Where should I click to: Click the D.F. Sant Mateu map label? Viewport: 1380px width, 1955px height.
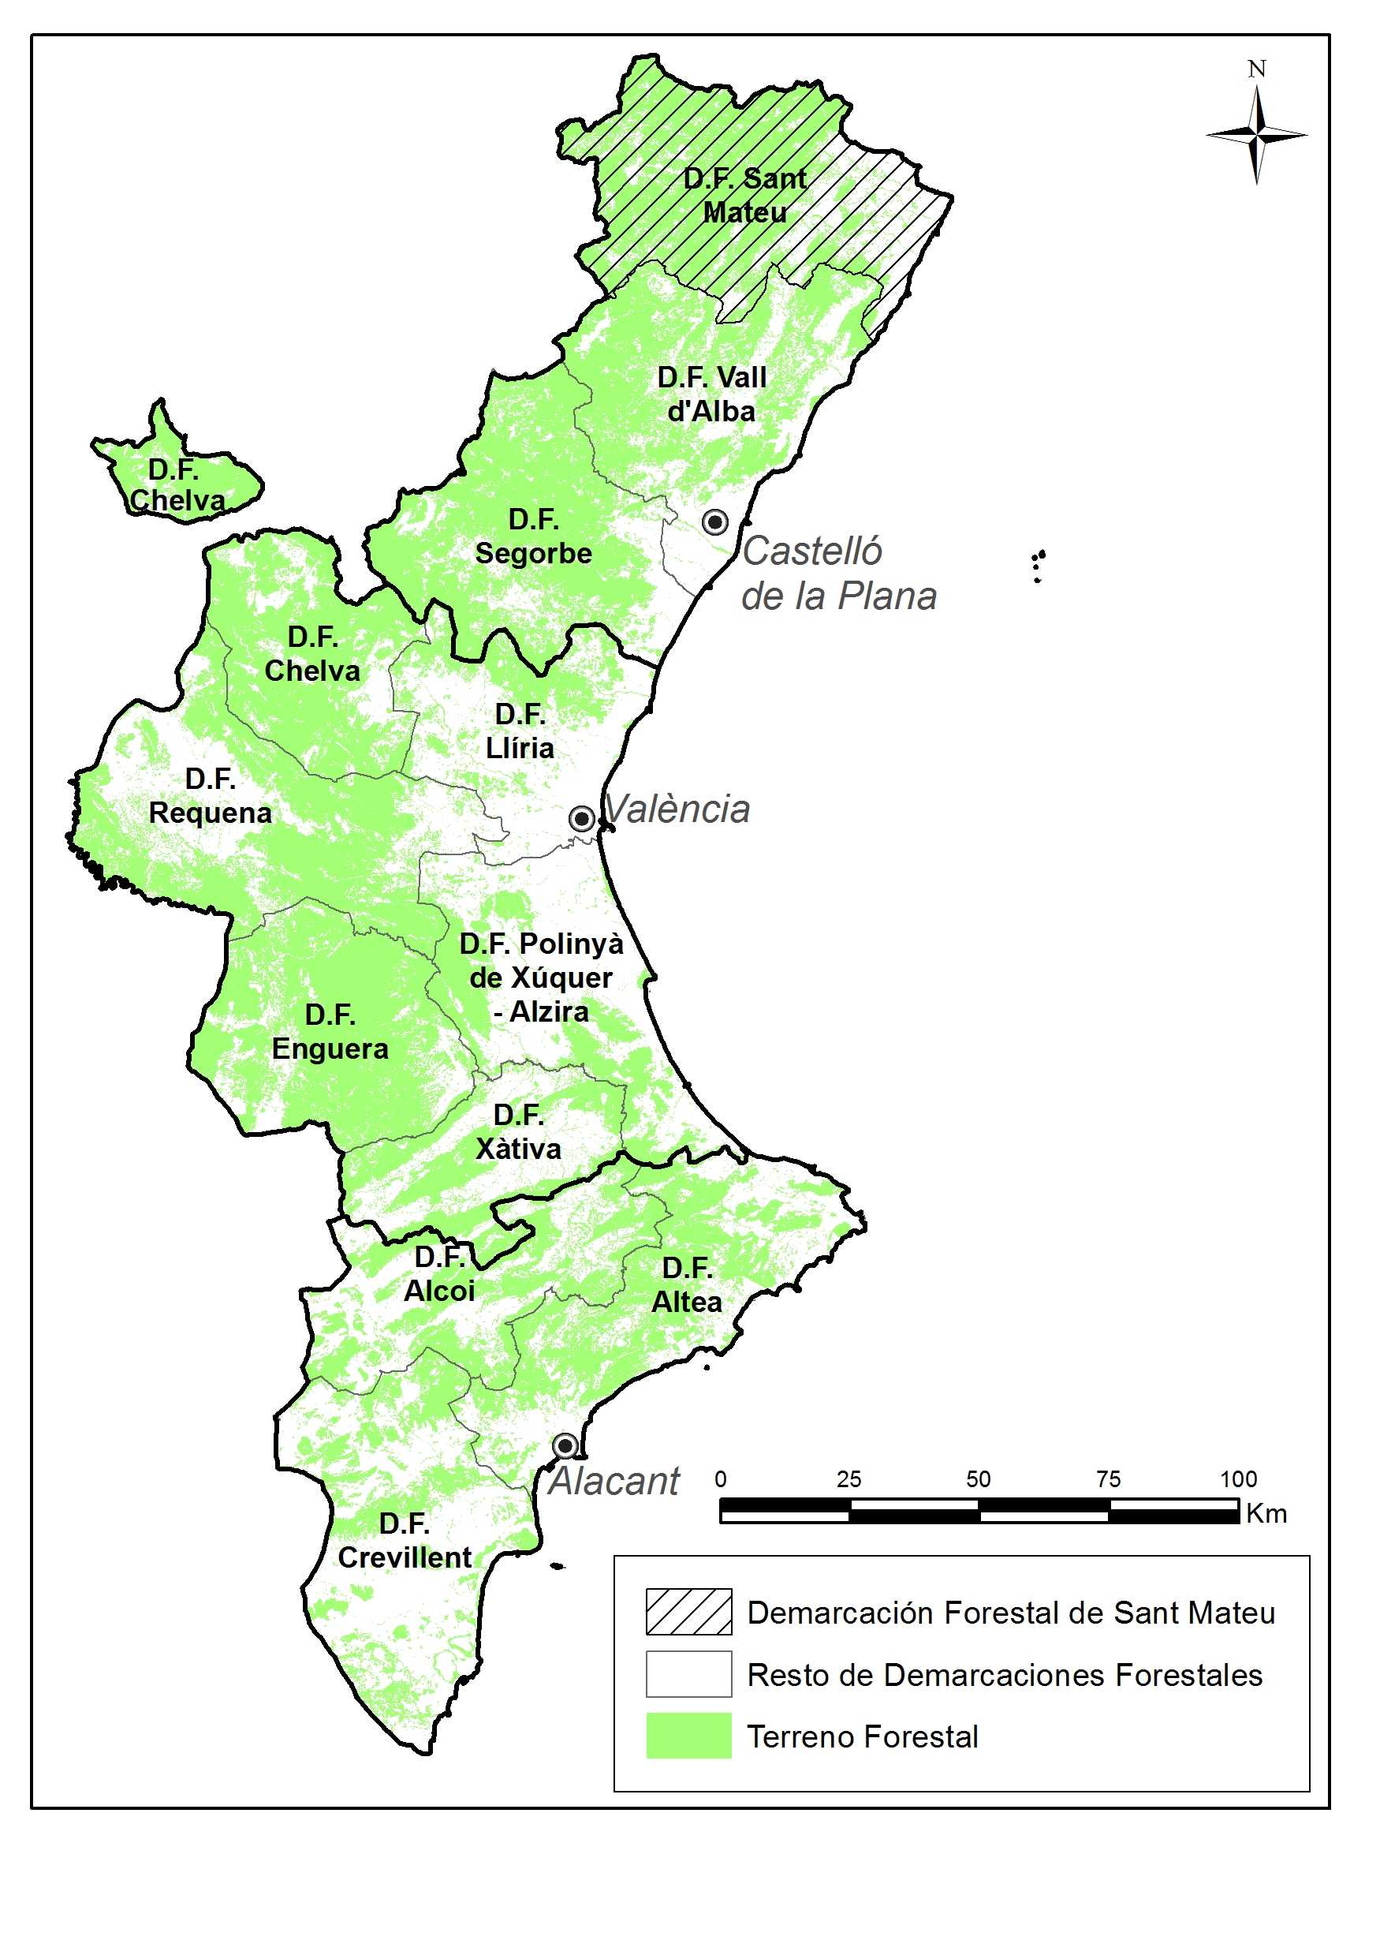point(745,195)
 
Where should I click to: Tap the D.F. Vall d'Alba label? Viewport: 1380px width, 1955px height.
point(712,394)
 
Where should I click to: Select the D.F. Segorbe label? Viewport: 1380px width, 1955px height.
point(533,536)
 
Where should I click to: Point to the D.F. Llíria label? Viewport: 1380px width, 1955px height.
point(520,731)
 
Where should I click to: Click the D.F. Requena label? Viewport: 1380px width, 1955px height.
point(211,796)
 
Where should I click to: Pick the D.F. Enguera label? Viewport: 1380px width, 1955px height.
point(330,1032)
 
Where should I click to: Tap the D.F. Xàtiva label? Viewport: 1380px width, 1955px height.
point(518,1131)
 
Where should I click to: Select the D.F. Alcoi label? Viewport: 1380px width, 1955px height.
point(439,1274)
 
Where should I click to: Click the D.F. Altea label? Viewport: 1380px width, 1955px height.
point(687,1285)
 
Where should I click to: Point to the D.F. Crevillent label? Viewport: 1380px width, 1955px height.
point(405,1540)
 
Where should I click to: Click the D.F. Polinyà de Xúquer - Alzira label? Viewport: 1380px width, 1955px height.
point(542,977)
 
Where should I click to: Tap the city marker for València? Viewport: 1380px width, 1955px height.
point(581,819)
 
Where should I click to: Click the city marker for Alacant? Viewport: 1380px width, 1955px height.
point(565,1446)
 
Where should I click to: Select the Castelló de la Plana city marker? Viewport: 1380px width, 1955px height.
point(715,522)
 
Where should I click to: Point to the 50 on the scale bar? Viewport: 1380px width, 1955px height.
point(978,1479)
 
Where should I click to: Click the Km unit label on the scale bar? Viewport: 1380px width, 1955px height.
point(1266,1513)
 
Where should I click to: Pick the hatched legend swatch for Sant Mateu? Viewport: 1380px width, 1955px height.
point(688,1611)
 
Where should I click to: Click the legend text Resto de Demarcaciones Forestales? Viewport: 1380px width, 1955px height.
point(1005,1675)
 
